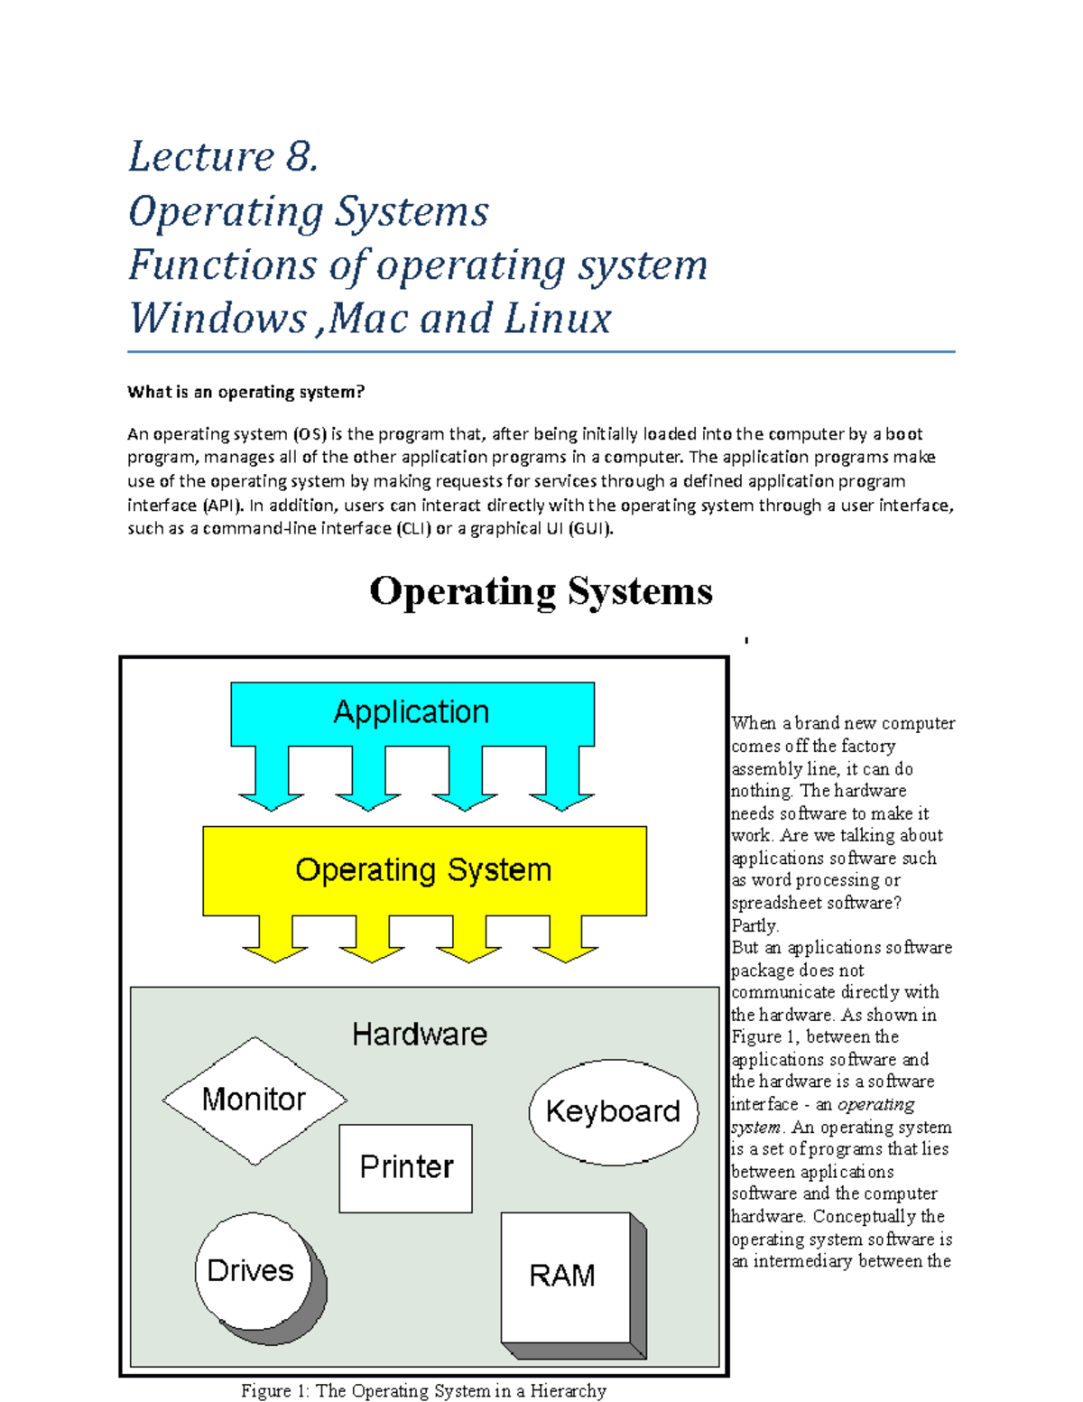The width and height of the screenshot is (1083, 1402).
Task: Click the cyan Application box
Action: coord(412,713)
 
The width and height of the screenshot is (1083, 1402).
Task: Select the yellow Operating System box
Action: coord(423,870)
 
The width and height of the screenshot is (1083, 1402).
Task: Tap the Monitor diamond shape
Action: coord(254,1100)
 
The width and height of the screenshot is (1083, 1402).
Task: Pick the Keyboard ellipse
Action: coord(613,1111)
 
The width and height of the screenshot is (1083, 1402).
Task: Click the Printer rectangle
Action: coord(406,1167)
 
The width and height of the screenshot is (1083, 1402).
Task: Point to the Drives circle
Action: coord(252,1271)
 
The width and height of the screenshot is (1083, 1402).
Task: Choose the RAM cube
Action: coord(564,1277)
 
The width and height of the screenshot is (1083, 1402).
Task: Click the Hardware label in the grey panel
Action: coord(420,1035)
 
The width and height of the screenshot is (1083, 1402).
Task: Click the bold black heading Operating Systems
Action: coord(541,592)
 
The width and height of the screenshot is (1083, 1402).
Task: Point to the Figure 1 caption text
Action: coord(423,1391)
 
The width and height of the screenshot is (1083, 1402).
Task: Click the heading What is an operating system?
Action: coord(245,392)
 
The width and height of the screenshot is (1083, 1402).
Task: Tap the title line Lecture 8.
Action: coord(223,157)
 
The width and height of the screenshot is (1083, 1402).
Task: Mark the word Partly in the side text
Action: coord(754,925)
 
